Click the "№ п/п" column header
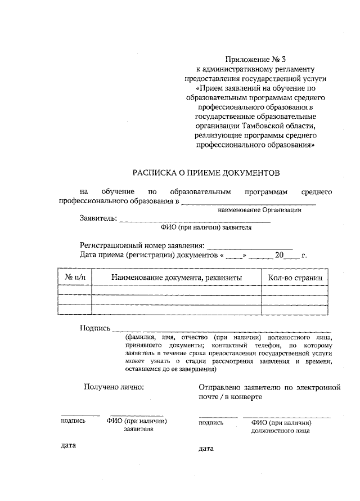pos(74,278)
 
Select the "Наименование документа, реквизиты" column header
pos(176,278)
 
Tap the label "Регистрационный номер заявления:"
pos(143,245)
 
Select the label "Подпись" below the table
pos(95,328)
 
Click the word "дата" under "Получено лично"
pos(68,445)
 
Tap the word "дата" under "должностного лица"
pos(206,449)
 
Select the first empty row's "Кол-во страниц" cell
pos(295,290)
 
